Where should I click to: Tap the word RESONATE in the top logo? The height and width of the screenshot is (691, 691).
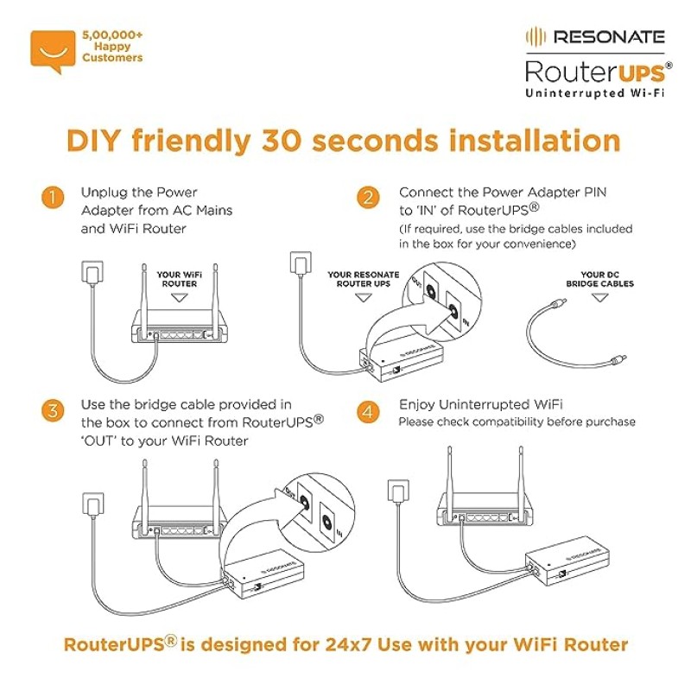tap(608, 36)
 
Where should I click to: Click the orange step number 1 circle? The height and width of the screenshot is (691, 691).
tap(52, 198)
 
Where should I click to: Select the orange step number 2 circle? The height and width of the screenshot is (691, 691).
tap(369, 198)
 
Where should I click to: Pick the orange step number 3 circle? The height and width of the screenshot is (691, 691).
tap(52, 411)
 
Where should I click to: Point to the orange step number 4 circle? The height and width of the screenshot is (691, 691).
tap(369, 411)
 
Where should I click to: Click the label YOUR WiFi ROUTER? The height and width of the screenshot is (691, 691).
tap(180, 279)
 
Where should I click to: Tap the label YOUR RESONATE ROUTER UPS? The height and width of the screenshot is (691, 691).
tap(364, 279)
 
